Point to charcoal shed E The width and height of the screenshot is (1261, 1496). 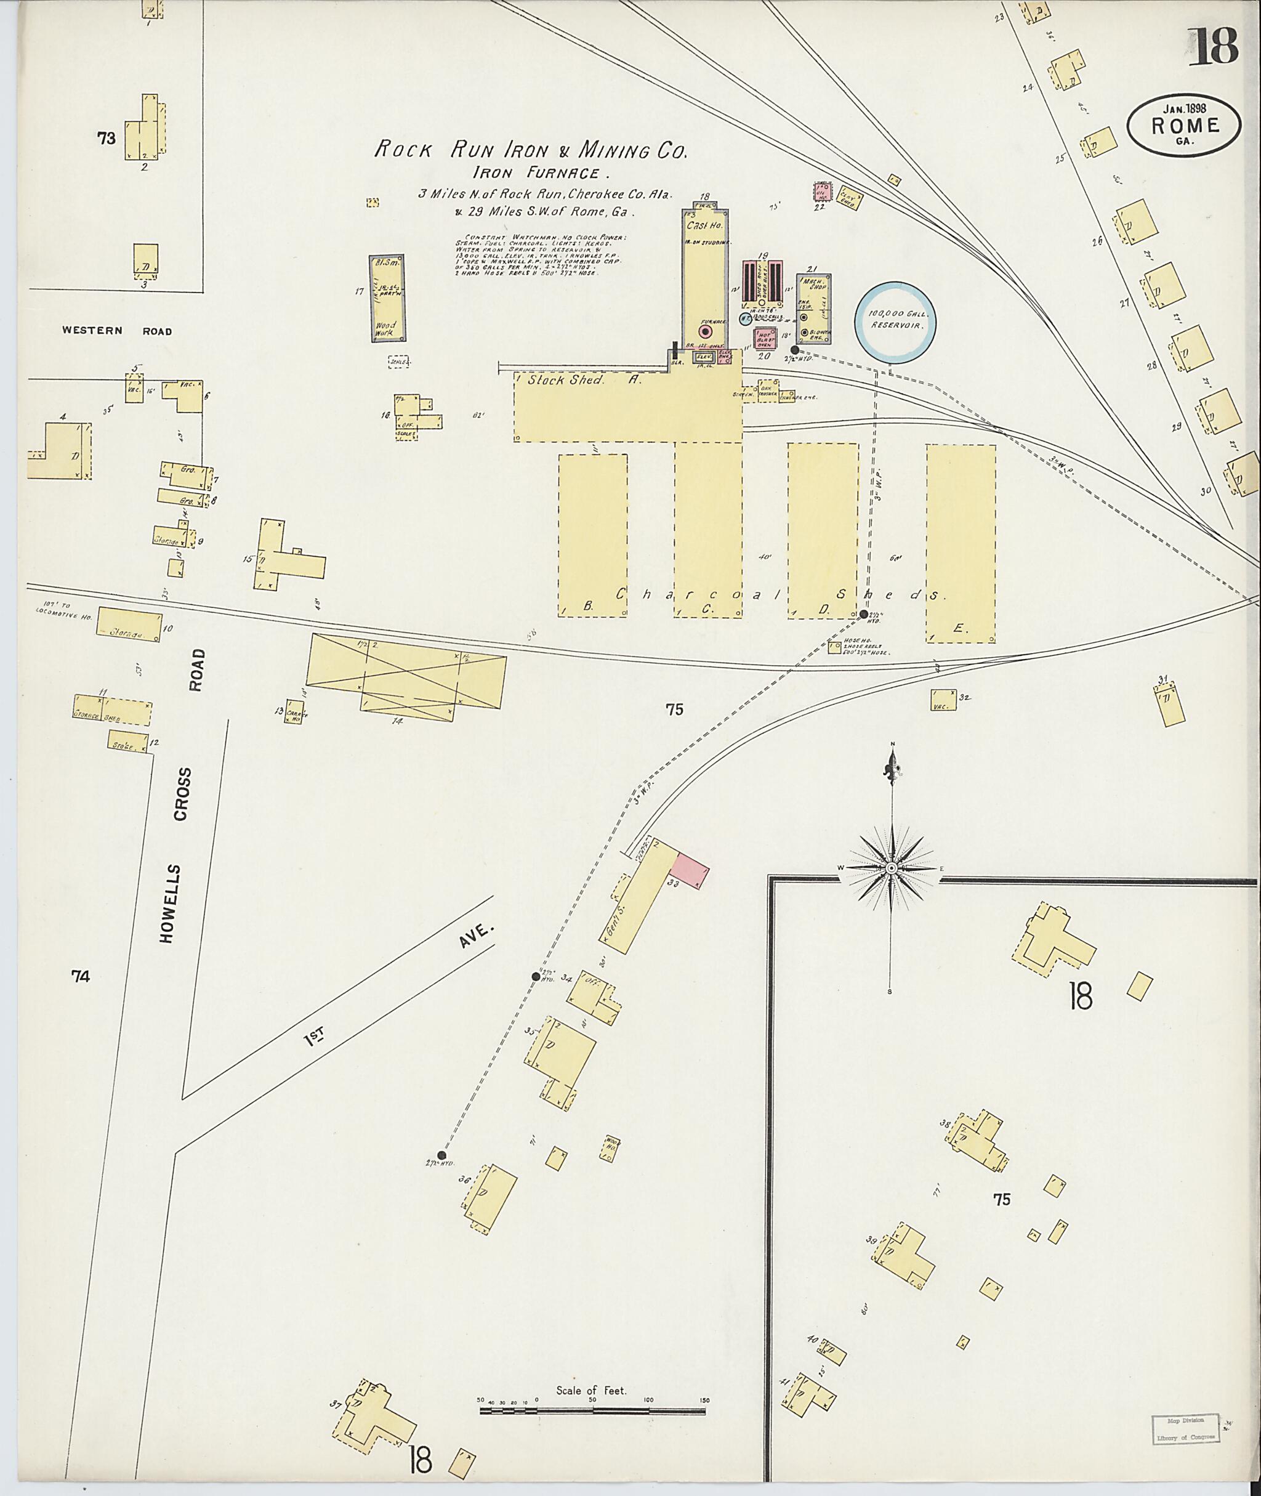tap(961, 543)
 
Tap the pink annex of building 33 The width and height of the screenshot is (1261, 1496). tap(690, 870)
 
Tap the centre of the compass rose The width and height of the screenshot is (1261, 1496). tap(892, 868)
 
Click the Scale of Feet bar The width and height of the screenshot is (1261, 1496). tap(594, 910)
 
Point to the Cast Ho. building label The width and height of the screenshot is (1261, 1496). tap(705, 226)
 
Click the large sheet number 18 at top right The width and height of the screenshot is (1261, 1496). tap(1213, 46)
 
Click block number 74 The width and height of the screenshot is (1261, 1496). tap(80, 976)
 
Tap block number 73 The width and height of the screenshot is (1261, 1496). tap(107, 139)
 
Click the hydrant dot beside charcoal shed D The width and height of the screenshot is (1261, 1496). tap(863, 614)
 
